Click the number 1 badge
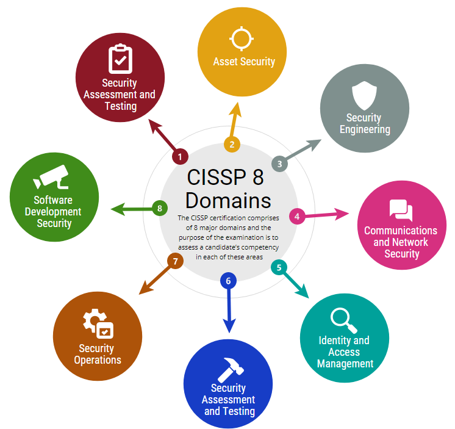[x=179, y=157]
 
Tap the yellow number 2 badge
[x=232, y=145]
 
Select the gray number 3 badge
[x=279, y=164]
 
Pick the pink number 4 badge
[x=297, y=216]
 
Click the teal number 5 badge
[x=279, y=267]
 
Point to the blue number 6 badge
[x=228, y=281]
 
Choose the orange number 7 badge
[x=175, y=261]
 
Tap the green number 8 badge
[x=159, y=208]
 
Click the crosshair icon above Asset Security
[x=241, y=38]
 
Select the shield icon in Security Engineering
[x=364, y=94]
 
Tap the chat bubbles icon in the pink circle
[x=401, y=211]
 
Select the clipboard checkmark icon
[x=120, y=59]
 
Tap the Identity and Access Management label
[x=345, y=351]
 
